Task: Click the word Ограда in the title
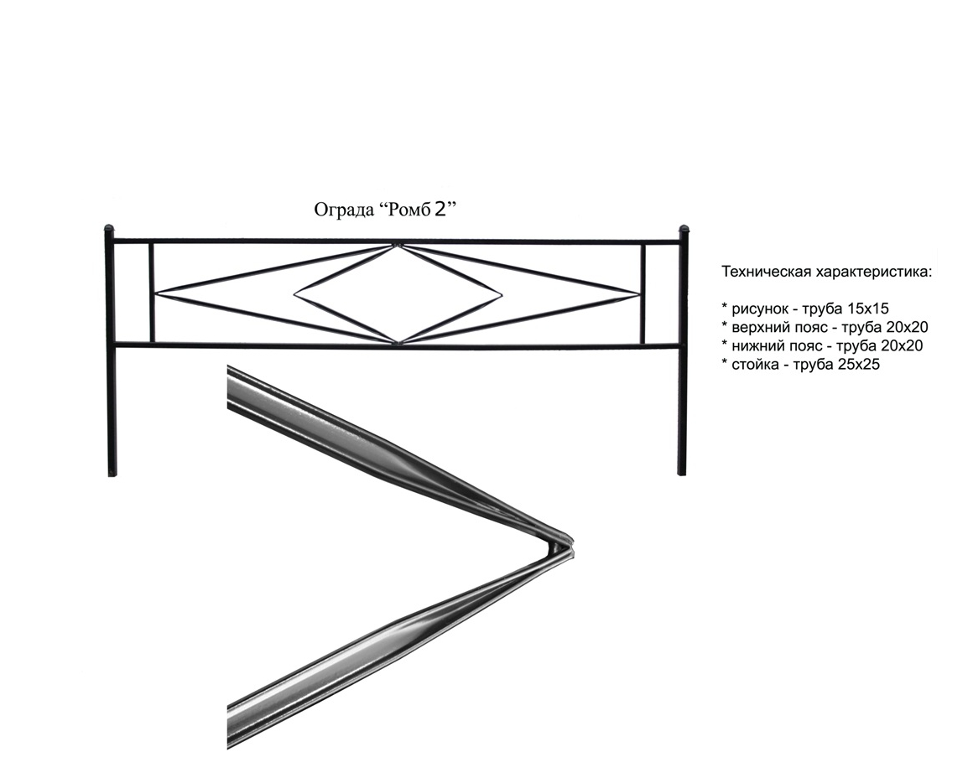pyautogui.click(x=342, y=210)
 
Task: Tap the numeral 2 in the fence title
pyautogui.click(x=440, y=209)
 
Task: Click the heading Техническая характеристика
pyautogui.click(x=826, y=272)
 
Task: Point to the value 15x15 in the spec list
pyautogui.click(x=867, y=309)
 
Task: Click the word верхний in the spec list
pyautogui.click(x=761, y=327)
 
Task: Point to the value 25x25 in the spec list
pyautogui.click(x=858, y=364)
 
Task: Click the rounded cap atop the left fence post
pyautogui.click(x=108, y=229)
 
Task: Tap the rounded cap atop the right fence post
pyautogui.click(x=684, y=229)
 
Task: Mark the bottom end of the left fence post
pyautogui.click(x=112, y=475)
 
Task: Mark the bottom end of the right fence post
pyautogui.click(x=682, y=475)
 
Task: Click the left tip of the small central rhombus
pyautogui.click(x=294, y=293)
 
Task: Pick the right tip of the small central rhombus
pyautogui.click(x=501, y=293)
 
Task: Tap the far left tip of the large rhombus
pyautogui.click(x=157, y=293)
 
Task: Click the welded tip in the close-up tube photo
pyautogui.click(x=567, y=543)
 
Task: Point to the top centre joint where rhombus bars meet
pyautogui.click(x=397, y=246)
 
